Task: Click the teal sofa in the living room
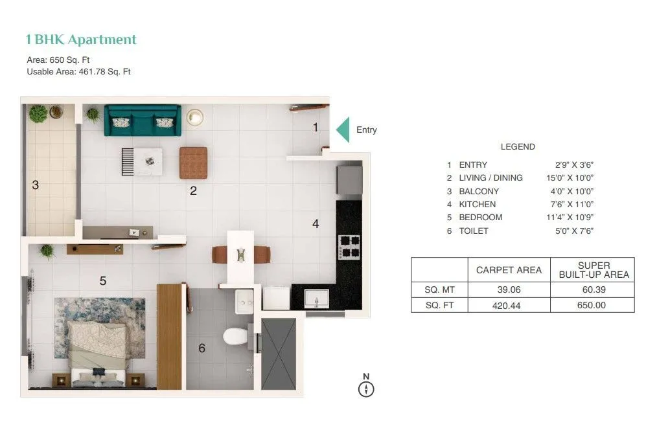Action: pos(143,120)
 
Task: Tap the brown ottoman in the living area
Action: pos(193,163)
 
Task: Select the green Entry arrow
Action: pos(343,130)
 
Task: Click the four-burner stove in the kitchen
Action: pos(349,247)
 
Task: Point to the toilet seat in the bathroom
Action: pos(234,335)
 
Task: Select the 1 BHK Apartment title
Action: pos(81,40)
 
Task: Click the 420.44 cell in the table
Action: pos(508,305)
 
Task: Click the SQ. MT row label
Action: pos(439,289)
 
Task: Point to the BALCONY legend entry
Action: pos(479,191)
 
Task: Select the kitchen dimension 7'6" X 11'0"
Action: pos(570,204)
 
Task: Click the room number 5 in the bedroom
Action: pos(102,281)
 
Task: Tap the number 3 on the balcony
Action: pos(36,185)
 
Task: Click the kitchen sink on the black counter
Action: pos(316,299)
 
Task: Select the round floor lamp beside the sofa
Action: pos(194,117)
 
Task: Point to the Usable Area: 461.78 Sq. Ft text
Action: pos(78,72)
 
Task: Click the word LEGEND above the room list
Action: pos(518,147)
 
